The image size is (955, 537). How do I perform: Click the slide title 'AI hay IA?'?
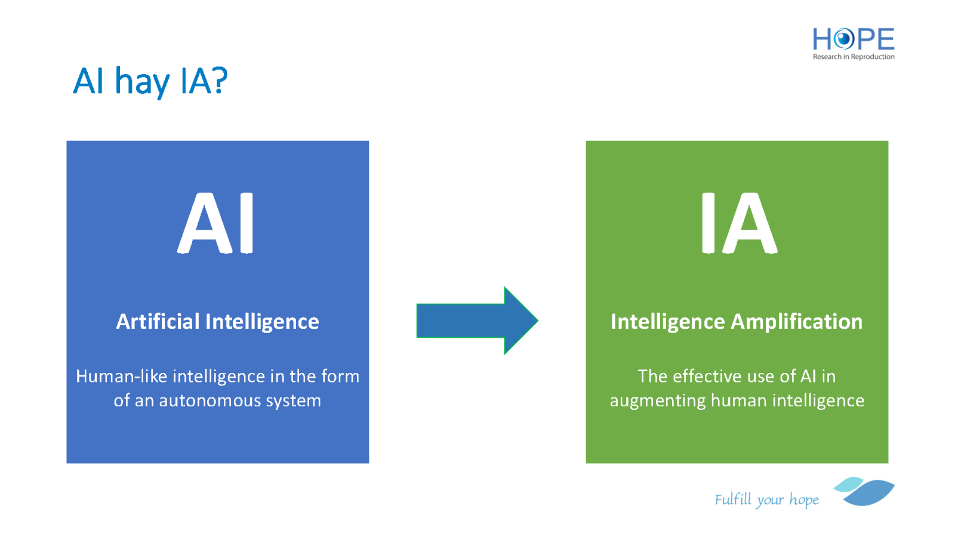pos(150,82)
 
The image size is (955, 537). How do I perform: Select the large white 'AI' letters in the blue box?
pos(215,223)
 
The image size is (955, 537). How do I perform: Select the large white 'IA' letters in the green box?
pos(740,223)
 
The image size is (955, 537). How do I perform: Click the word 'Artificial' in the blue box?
pos(158,322)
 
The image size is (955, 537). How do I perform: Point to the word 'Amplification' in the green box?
pos(797,322)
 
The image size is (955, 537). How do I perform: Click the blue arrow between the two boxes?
pos(477,320)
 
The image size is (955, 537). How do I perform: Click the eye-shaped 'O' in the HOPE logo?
pos(843,39)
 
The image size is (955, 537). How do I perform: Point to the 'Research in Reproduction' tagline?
pos(854,57)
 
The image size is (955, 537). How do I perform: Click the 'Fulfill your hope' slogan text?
pos(766,499)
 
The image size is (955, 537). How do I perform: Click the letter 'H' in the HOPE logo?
pos(821,39)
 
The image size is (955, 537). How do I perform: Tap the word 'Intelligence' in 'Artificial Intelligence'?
pos(262,322)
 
